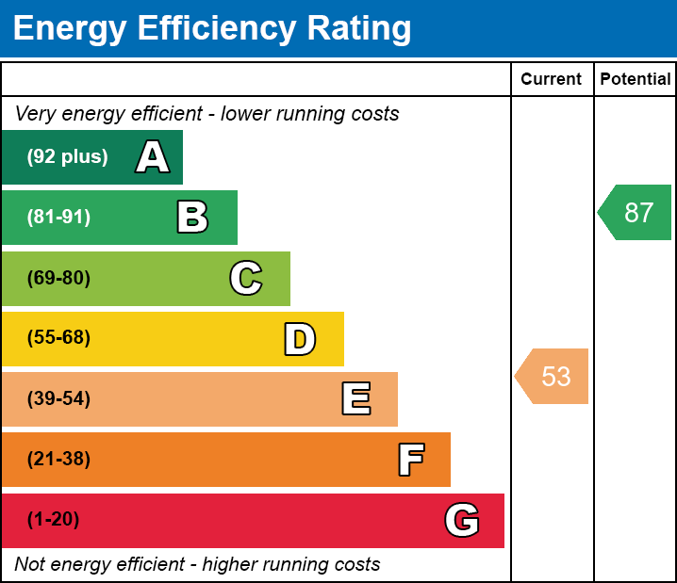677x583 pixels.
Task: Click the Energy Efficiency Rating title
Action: tap(211, 28)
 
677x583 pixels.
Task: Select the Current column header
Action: tap(552, 79)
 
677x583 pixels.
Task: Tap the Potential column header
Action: tap(636, 79)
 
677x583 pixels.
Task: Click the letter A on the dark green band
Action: tap(153, 157)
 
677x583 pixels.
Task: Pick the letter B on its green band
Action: tap(192, 218)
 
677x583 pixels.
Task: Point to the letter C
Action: tap(245, 278)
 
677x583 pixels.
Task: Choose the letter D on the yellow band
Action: tap(300, 339)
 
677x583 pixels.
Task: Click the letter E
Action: tap(355, 399)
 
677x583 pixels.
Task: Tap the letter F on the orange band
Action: tap(410, 460)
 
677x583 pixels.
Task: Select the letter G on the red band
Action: tap(462, 520)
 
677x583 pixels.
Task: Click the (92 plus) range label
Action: tap(67, 157)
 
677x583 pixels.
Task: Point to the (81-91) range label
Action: tap(58, 218)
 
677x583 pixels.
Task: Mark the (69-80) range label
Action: tap(58, 278)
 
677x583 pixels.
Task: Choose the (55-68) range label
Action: tap(58, 338)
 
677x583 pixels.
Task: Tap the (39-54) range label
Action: tap(58, 399)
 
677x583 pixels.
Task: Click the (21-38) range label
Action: tap(58, 460)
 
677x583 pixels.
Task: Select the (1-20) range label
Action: tap(53, 520)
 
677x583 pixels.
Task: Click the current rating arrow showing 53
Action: tap(553, 376)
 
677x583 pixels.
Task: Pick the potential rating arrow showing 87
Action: tap(636, 213)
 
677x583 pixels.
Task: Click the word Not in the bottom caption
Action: tap(30, 565)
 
